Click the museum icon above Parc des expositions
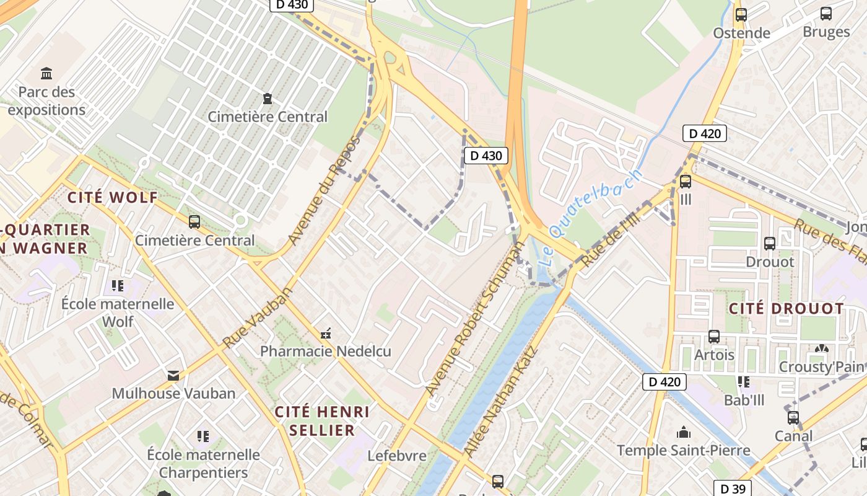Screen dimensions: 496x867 point(46,74)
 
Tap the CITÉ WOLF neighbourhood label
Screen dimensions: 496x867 point(112,198)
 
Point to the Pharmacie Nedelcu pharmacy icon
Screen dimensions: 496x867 point(326,334)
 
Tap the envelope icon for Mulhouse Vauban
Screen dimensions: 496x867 point(173,375)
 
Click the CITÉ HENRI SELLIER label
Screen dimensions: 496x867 point(322,421)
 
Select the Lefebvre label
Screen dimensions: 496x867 point(397,456)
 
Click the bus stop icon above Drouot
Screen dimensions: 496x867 point(770,244)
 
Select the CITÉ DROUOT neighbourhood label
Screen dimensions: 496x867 point(786,309)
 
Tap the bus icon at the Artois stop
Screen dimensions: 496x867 point(714,337)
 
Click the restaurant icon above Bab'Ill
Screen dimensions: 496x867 point(743,382)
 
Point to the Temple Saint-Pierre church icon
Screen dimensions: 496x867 point(684,432)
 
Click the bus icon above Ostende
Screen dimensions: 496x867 point(741,15)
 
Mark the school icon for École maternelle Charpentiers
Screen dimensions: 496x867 point(203,436)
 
